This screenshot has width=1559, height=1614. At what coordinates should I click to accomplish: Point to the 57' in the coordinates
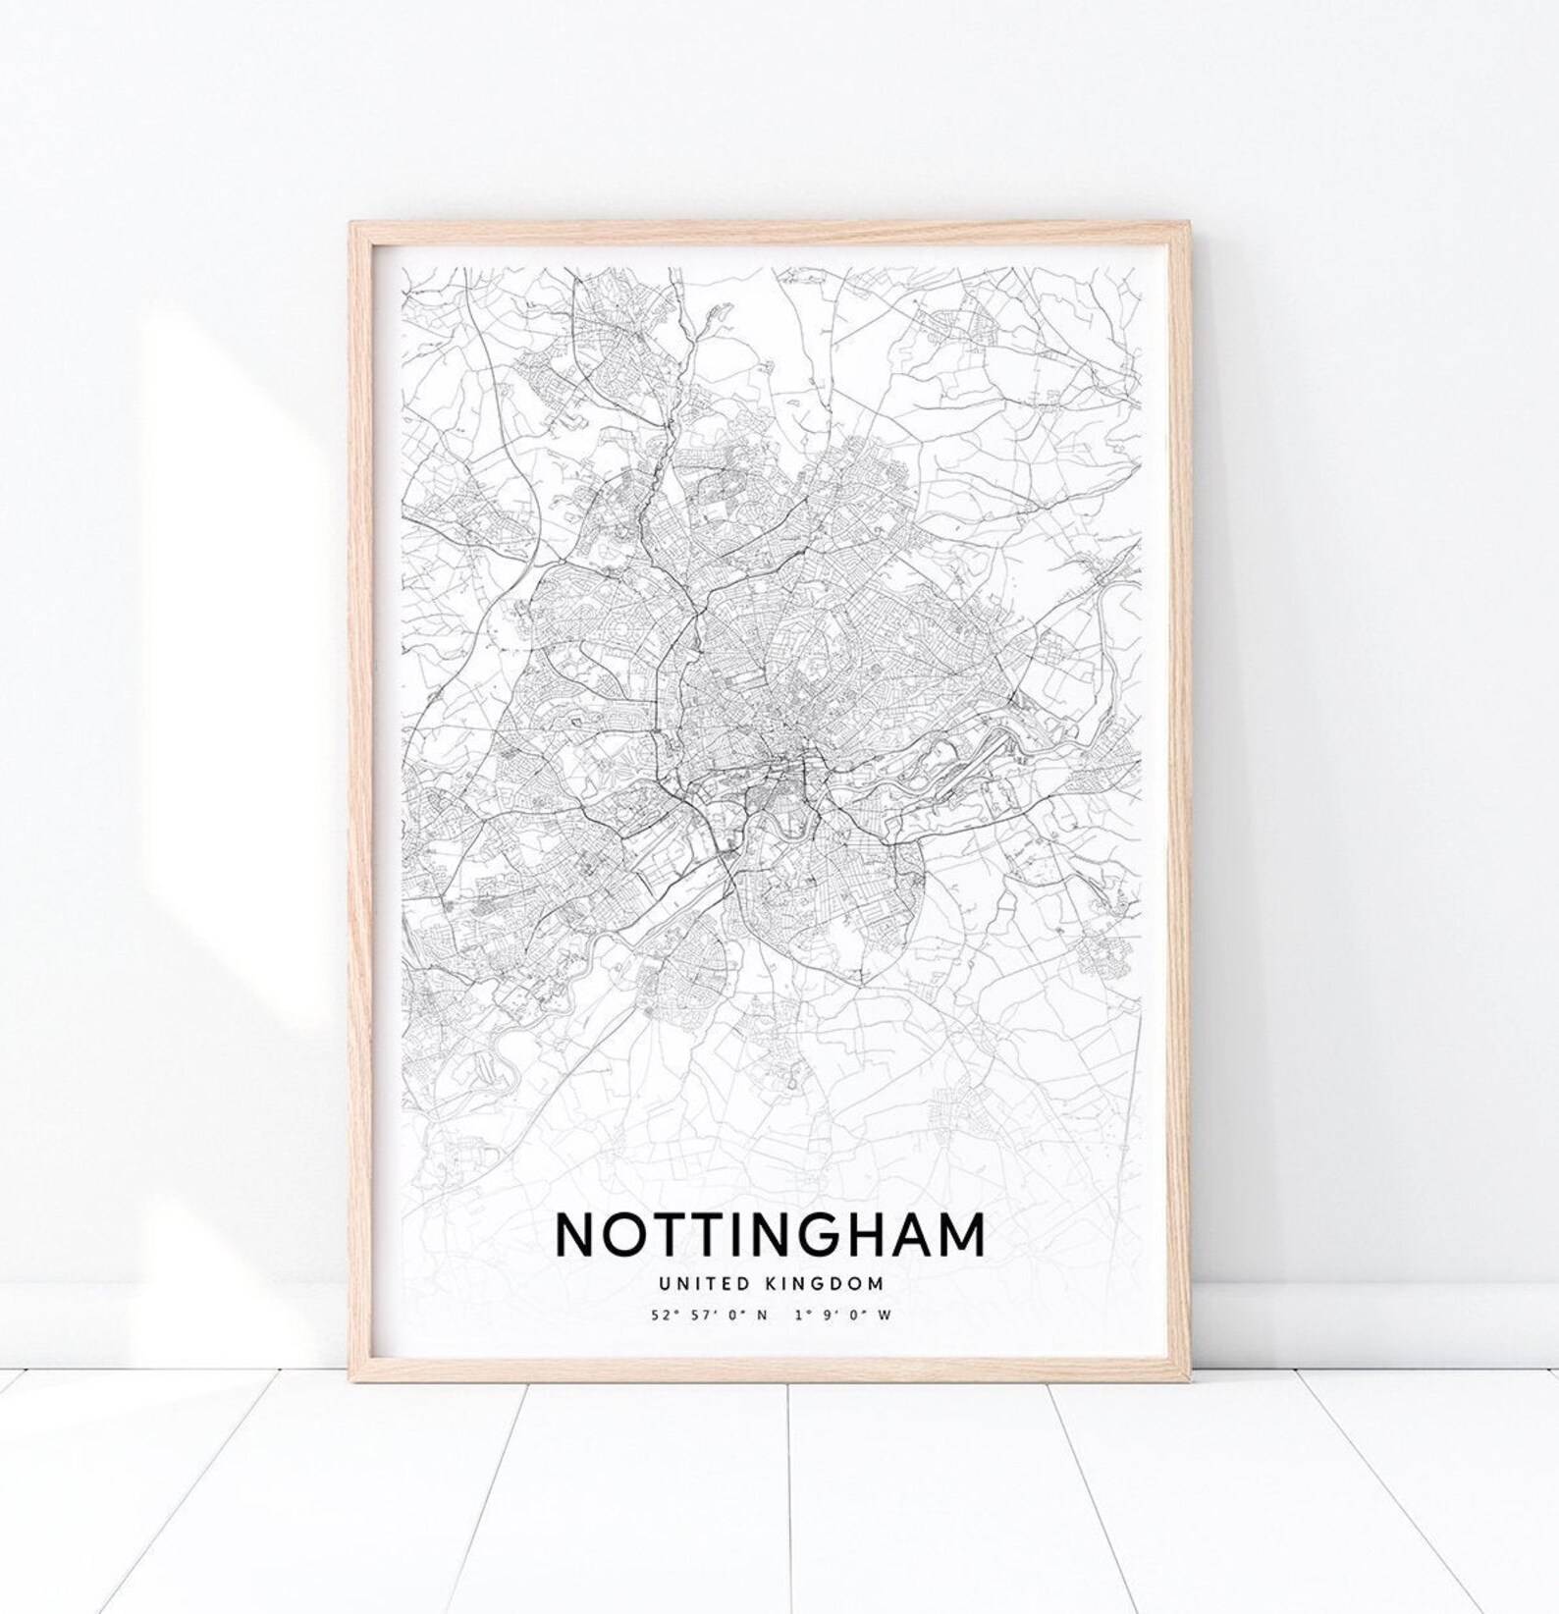point(696,1316)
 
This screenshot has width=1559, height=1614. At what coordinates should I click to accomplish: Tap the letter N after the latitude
point(762,1316)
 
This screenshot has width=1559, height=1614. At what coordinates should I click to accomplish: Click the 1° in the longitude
point(806,1316)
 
